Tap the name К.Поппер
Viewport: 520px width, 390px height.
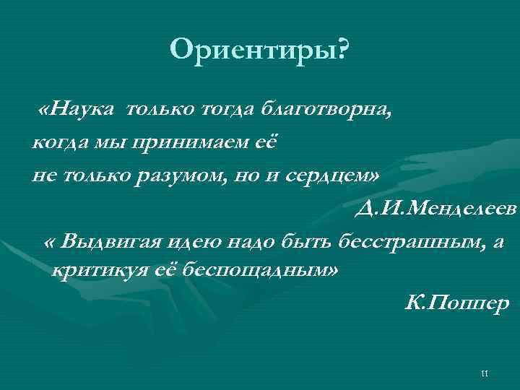pyautogui.click(x=457, y=303)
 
